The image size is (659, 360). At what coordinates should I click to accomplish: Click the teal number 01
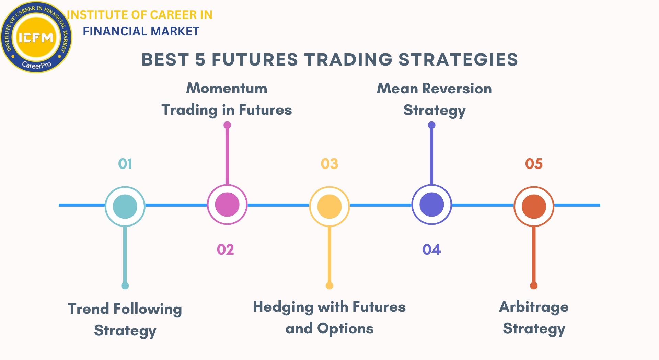click(x=125, y=164)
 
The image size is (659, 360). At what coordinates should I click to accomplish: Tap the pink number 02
click(x=226, y=249)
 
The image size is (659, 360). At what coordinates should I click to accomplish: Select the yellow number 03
click(x=329, y=164)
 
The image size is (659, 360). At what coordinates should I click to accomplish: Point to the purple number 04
click(x=431, y=249)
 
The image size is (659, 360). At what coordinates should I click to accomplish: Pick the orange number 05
click(x=534, y=164)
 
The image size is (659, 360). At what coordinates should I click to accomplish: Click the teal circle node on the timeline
click(x=125, y=206)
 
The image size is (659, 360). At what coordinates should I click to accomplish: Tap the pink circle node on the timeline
click(x=227, y=205)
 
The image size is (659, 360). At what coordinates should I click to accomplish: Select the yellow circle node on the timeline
click(x=329, y=206)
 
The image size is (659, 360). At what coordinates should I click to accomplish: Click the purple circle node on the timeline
click(x=432, y=205)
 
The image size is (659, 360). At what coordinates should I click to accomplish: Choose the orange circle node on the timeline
click(x=534, y=206)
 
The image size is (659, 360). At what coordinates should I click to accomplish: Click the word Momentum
click(x=227, y=88)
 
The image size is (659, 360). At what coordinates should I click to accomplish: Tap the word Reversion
click(x=457, y=89)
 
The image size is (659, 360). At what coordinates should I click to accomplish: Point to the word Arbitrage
click(x=534, y=307)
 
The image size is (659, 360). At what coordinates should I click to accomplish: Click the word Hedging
click(x=283, y=307)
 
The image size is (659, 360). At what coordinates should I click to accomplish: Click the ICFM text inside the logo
click(x=36, y=37)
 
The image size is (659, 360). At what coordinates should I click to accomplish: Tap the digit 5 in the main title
click(x=200, y=59)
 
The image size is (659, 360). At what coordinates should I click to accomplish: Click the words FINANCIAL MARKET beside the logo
click(x=141, y=31)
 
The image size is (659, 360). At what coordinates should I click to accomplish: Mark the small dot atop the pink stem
click(x=227, y=125)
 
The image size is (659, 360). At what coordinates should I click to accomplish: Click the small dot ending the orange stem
click(x=534, y=286)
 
